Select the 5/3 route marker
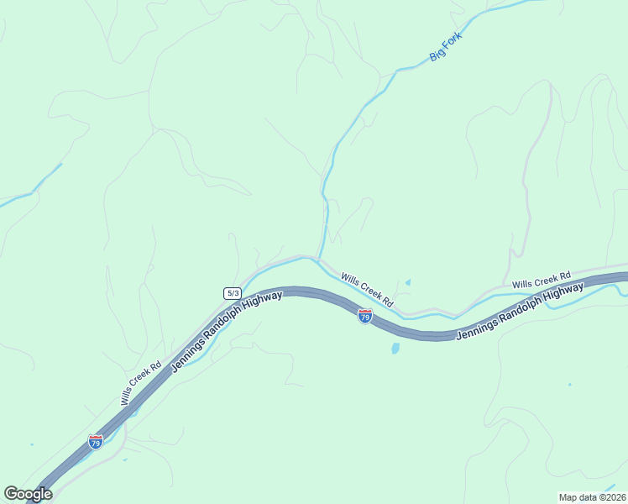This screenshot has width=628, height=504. pyautogui.click(x=233, y=292)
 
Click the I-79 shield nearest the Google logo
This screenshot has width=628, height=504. pyautogui.click(x=96, y=441)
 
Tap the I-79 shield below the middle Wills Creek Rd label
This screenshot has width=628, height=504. pyautogui.click(x=364, y=316)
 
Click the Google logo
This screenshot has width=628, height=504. pyautogui.click(x=28, y=494)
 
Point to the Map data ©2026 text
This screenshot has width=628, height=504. pyautogui.click(x=592, y=496)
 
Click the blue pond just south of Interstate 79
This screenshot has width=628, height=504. pyautogui.click(x=395, y=346)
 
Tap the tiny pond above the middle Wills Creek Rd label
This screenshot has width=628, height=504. pyautogui.click(x=408, y=282)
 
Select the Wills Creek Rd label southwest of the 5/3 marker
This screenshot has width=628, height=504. pyautogui.click(x=140, y=384)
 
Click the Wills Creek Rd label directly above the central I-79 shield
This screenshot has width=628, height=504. pyautogui.click(x=367, y=288)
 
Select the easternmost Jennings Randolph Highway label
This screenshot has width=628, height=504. pyautogui.click(x=520, y=311)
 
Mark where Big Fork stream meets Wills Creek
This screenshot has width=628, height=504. pyautogui.click(x=318, y=259)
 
